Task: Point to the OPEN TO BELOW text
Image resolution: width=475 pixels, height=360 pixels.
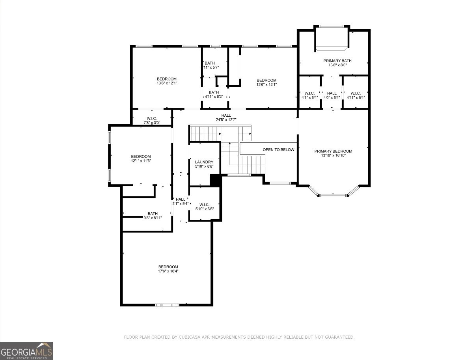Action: [x=278, y=149]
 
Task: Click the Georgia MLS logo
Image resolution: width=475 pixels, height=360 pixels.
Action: [x=27, y=351]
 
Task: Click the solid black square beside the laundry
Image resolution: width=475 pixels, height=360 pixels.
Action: [x=215, y=180]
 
